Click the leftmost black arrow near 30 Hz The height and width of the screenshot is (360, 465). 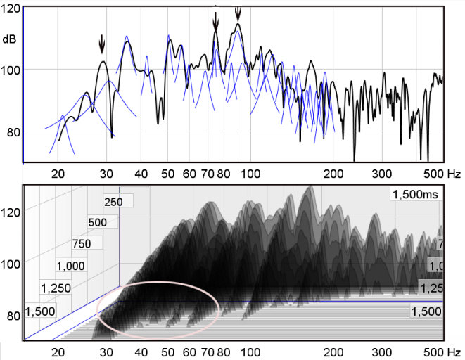(x=102, y=44)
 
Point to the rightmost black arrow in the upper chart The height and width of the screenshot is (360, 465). (x=238, y=12)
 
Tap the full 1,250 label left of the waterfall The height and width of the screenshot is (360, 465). (x=56, y=288)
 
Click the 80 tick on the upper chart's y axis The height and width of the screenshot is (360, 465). (x=12, y=131)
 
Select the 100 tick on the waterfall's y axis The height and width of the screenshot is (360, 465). (x=11, y=262)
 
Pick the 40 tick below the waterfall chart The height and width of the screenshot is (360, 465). (x=140, y=352)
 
